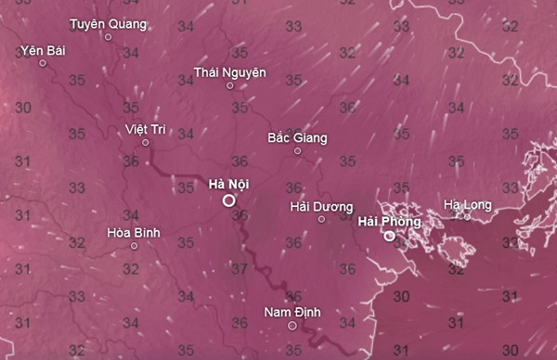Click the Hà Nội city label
point(228,183)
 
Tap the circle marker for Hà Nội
point(228,199)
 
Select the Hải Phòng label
point(389,222)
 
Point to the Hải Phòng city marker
point(390,236)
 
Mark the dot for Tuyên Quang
point(108,37)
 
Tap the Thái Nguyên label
point(230,71)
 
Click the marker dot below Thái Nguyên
point(230,85)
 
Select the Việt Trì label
point(144,128)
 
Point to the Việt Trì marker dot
point(145,142)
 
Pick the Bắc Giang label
point(297,137)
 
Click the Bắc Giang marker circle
point(298,150)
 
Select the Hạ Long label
point(466,203)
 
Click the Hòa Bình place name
point(134,232)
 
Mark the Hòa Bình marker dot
point(135,246)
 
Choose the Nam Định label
point(291,312)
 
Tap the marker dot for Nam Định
point(291,326)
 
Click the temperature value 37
point(240,269)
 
